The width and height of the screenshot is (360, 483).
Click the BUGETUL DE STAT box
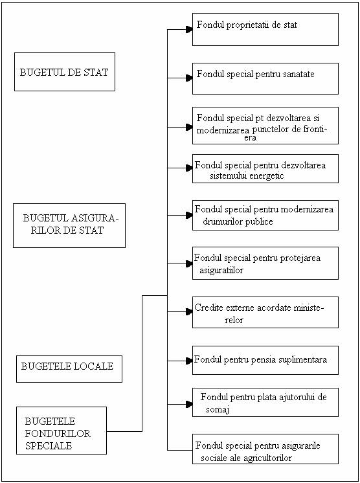click(x=65, y=72)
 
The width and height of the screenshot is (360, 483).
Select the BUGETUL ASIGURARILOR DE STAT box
click(x=69, y=225)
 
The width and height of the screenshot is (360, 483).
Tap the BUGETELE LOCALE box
click(x=69, y=369)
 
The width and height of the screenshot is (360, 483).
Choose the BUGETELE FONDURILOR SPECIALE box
click(x=62, y=431)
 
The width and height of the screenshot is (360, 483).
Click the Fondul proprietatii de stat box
click(x=265, y=29)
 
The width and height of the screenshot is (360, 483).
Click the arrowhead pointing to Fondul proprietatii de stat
click(x=189, y=30)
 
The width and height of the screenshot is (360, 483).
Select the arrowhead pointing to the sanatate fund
click(x=189, y=78)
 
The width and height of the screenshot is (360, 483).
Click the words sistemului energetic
click(x=247, y=176)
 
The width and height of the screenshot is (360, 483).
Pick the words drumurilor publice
click(x=238, y=221)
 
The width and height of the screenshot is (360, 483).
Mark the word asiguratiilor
click(x=221, y=270)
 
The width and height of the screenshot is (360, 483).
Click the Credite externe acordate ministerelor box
click(x=265, y=312)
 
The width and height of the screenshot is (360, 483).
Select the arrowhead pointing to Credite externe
click(x=189, y=312)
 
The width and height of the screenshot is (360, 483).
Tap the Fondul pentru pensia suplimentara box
click(x=265, y=360)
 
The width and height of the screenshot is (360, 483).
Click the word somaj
click(x=218, y=410)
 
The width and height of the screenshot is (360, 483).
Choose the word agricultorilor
click(x=267, y=458)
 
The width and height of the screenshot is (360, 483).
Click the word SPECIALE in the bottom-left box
click(x=49, y=445)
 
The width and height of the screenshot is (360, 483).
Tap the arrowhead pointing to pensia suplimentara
click(x=189, y=361)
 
